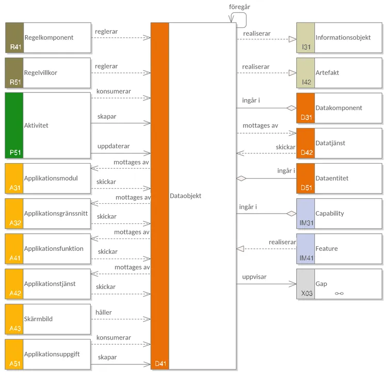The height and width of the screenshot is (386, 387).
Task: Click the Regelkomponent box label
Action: (x=49, y=38)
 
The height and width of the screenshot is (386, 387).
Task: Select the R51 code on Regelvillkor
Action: (x=15, y=82)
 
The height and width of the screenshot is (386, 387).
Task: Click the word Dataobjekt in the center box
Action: (x=185, y=196)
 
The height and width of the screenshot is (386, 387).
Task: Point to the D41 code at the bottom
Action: (x=160, y=364)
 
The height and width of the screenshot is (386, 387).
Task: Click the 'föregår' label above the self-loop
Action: (x=240, y=7)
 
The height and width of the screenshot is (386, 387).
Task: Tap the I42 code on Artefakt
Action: (x=307, y=82)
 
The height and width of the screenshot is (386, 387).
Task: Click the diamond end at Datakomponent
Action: (x=292, y=108)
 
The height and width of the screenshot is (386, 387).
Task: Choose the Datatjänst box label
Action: (x=330, y=143)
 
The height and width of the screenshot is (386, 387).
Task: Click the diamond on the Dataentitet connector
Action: (x=241, y=179)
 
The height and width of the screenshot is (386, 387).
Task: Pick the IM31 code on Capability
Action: (x=307, y=223)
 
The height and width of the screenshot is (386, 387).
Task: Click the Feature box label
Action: (x=327, y=249)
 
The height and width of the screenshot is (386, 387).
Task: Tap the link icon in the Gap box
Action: (x=339, y=294)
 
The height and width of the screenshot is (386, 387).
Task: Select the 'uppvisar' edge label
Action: (x=254, y=277)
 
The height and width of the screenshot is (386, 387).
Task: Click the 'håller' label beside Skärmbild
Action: (x=103, y=312)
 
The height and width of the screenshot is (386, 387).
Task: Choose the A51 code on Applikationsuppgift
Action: (x=15, y=364)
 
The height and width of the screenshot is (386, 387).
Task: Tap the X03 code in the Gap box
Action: (x=307, y=293)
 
